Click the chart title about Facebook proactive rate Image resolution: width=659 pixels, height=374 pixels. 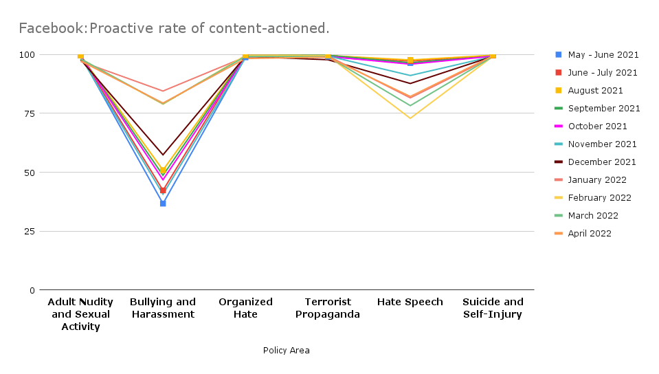174,28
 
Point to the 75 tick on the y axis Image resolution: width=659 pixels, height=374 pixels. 29,113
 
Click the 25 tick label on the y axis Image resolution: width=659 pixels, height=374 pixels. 29,231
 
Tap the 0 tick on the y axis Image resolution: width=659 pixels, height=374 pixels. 32,290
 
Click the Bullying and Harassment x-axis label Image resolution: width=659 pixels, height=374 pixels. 163,308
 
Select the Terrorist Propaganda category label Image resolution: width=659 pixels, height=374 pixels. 328,308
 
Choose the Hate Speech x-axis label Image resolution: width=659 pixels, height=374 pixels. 410,302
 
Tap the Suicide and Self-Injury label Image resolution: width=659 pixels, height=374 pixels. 493,308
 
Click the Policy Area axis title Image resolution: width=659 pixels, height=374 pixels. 286,351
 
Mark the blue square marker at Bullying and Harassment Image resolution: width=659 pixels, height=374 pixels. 163,203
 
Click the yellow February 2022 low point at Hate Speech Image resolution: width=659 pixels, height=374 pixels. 410,118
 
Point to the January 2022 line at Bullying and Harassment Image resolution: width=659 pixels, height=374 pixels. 163,91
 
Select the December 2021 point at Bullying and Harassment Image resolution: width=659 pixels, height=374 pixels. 163,155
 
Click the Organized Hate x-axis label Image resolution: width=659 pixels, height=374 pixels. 245,308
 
